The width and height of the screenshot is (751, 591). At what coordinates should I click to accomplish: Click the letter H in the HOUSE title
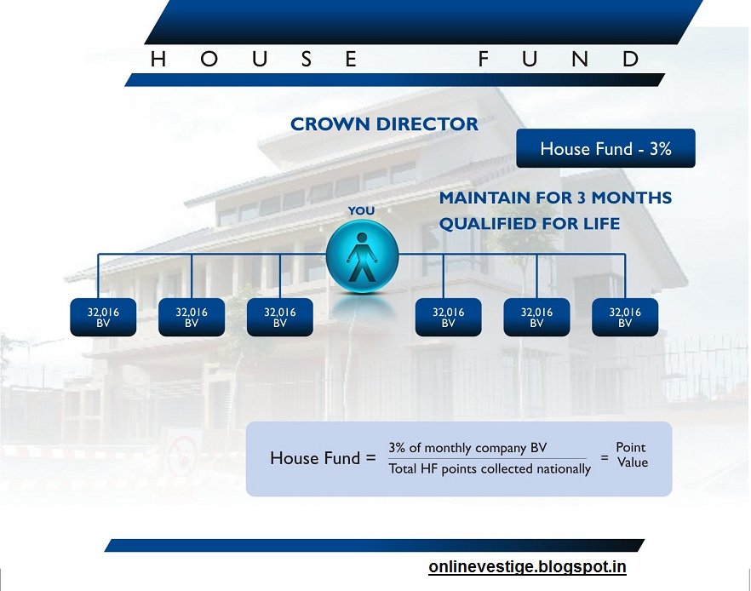click(158, 59)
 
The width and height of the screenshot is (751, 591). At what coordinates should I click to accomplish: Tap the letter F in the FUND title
click(483, 59)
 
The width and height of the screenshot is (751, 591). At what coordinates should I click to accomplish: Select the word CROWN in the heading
click(330, 124)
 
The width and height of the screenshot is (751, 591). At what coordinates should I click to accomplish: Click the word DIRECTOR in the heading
click(427, 124)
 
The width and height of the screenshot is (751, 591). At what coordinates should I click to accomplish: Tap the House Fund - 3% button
click(605, 148)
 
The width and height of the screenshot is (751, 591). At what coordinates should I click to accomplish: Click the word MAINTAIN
click(483, 198)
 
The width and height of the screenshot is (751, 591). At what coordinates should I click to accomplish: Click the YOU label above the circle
click(361, 210)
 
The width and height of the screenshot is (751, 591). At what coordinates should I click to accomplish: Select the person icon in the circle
click(362, 257)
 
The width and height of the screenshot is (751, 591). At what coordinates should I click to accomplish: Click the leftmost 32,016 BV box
click(103, 317)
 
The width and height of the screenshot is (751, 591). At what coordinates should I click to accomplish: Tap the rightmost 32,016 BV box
click(625, 317)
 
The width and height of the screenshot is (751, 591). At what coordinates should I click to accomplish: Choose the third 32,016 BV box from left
click(280, 317)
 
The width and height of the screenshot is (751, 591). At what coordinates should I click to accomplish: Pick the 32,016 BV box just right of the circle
click(448, 317)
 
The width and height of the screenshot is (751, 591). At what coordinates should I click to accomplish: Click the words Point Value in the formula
click(631, 455)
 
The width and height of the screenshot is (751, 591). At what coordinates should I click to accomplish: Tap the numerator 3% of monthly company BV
click(467, 448)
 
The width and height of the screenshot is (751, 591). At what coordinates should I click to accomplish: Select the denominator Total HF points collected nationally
click(490, 468)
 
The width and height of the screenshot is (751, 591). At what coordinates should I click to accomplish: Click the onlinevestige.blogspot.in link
click(527, 566)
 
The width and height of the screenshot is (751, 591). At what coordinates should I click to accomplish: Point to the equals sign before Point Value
click(605, 458)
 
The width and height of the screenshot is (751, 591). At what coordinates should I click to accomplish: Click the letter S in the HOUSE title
click(307, 59)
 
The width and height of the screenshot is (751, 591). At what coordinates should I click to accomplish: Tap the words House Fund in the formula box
click(315, 458)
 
